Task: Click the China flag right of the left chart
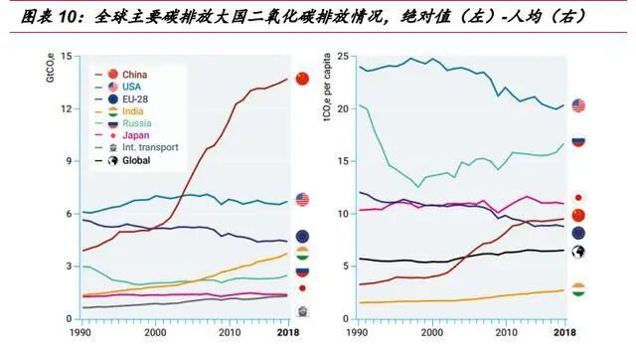pos(303,78)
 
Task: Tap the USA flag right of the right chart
pos(578,105)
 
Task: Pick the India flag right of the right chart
pos(578,289)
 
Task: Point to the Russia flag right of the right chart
pos(578,140)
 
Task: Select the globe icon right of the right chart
pos(578,251)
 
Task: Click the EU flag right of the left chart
pos(302,236)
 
